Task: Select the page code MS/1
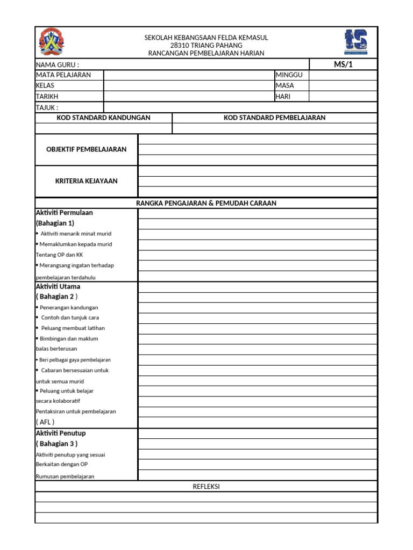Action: (343, 64)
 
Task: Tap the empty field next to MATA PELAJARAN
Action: (189, 75)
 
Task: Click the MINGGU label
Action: (289, 75)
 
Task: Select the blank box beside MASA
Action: (343, 86)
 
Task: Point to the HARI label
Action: (283, 97)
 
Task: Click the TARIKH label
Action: (47, 97)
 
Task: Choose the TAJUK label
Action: (47, 107)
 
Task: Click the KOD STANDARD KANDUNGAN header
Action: (103, 118)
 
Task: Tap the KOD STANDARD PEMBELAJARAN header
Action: (274, 118)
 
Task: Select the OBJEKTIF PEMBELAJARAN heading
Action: (87, 149)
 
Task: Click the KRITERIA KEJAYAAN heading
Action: (87, 181)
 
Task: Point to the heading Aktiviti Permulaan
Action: (64, 213)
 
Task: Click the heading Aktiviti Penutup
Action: (61, 433)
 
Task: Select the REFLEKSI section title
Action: (206, 487)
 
